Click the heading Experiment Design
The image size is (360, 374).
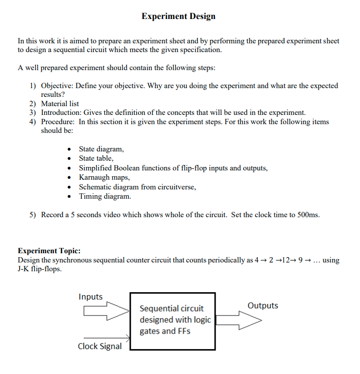click(x=179, y=16)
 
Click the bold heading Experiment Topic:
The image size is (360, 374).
click(x=49, y=251)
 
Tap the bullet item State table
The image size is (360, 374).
click(x=96, y=158)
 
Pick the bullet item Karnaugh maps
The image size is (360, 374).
click(x=104, y=177)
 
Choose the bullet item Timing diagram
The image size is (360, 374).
click(x=105, y=196)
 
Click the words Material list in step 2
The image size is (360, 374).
click(x=60, y=103)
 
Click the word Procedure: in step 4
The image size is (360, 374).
click(x=58, y=121)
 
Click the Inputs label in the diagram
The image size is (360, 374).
click(x=90, y=297)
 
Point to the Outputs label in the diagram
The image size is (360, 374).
click(x=263, y=305)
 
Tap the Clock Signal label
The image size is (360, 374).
click(x=100, y=346)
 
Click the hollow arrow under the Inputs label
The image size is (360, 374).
click(x=104, y=310)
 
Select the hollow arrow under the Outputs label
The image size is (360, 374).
click(x=238, y=321)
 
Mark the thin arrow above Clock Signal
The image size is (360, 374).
click(x=107, y=337)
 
